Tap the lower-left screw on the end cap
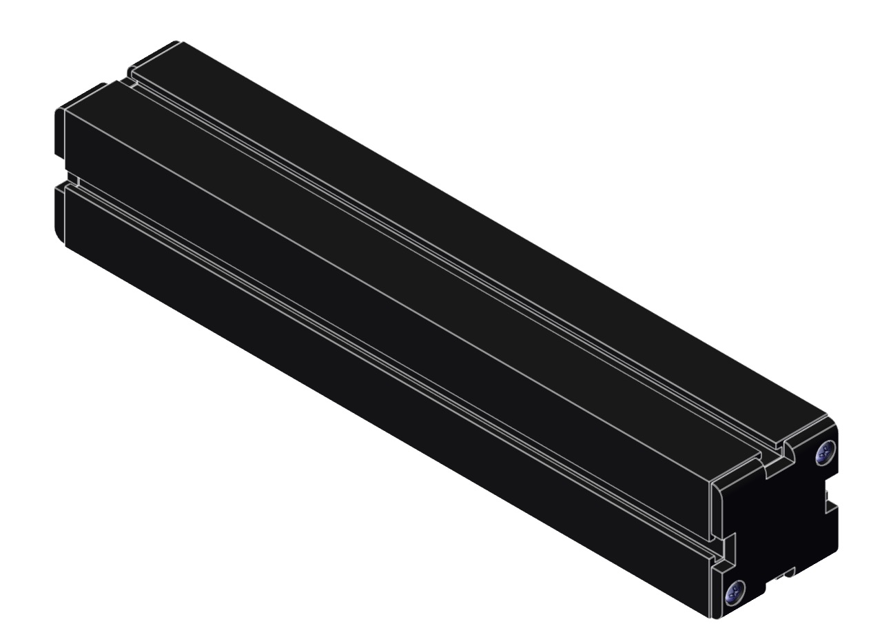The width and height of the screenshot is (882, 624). (x=735, y=591)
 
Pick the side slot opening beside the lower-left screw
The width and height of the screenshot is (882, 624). (x=721, y=550)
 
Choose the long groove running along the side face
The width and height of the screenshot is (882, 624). (x=386, y=365)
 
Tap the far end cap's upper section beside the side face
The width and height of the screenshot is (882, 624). (x=59, y=131)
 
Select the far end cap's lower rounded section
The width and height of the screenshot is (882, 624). (x=59, y=214)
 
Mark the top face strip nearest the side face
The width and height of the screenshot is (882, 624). (x=413, y=276)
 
